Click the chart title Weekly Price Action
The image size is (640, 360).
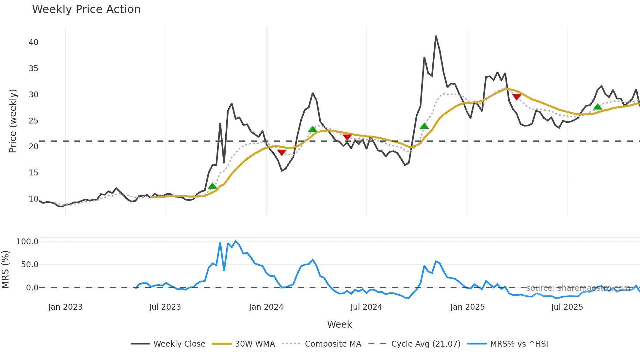(86, 9)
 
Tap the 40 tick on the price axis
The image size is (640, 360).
(33, 42)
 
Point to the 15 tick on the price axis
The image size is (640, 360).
(33, 173)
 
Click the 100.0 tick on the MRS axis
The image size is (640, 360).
(27, 242)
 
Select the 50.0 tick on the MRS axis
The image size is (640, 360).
(29, 265)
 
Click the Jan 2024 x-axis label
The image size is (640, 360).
(266, 307)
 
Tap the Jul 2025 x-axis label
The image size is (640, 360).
(567, 307)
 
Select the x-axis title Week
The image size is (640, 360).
(339, 324)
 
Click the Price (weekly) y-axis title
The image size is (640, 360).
(13, 121)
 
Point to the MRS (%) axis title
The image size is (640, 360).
(6, 270)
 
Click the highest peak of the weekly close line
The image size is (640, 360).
(436, 36)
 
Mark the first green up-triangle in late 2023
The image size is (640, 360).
(213, 186)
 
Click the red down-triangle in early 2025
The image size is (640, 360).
(517, 97)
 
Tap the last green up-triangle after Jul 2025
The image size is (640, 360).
(598, 106)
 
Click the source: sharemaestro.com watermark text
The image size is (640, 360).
(578, 288)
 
